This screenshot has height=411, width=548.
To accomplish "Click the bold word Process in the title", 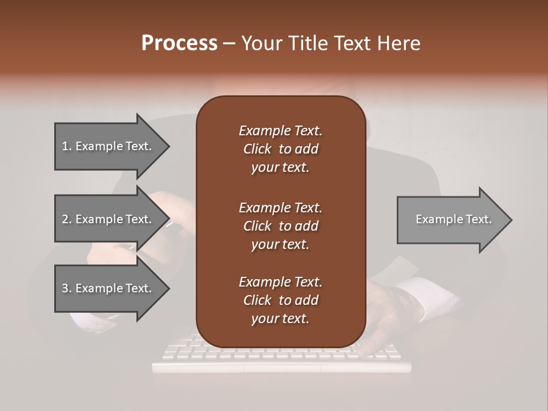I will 179,43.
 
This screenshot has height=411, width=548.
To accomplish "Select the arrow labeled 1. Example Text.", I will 107,146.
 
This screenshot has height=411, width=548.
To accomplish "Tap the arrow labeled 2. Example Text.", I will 107,219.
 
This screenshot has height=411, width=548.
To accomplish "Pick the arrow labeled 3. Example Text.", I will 107,288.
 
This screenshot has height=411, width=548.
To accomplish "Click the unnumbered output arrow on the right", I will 453,219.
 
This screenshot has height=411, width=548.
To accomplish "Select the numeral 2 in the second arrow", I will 65,219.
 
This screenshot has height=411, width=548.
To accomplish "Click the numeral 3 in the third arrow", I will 65,288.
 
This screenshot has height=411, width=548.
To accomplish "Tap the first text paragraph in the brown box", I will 280,149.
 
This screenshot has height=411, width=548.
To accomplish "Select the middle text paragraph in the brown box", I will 280,225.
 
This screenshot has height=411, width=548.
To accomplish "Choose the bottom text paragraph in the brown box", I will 280,300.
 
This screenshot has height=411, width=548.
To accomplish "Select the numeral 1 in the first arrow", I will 65,146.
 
